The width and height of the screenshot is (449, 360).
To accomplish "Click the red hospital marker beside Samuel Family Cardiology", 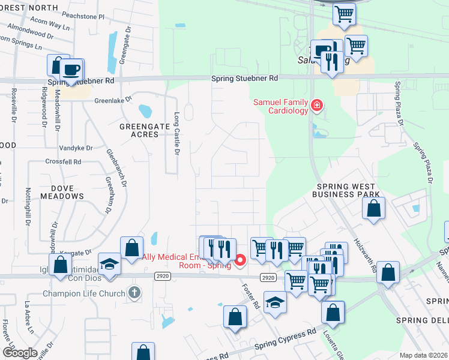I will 316,107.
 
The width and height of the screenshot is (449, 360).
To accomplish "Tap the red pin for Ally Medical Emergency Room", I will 240,260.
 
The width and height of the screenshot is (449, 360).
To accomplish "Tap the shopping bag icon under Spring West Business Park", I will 373,209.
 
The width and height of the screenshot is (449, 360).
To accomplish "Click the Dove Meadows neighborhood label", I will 63,192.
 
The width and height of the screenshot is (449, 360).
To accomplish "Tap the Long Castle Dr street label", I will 176,133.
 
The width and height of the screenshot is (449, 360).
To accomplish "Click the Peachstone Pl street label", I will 88,16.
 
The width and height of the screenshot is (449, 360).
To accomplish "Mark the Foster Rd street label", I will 256,295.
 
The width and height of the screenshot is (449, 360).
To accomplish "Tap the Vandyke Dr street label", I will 76,148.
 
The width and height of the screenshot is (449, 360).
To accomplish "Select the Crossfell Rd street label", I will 63,162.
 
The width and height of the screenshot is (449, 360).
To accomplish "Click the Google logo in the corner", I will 20,353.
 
